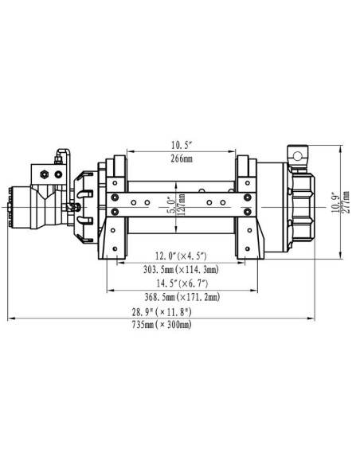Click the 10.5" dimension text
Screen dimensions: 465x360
coord(180,146)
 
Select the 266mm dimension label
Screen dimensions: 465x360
coord(180,158)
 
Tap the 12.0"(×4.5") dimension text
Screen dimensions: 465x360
coord(181,256)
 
